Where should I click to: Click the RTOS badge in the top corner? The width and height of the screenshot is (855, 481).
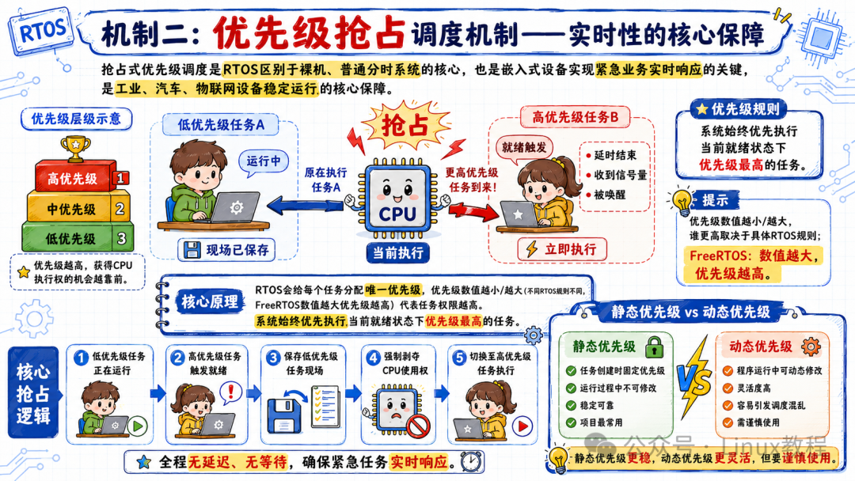(41, 31)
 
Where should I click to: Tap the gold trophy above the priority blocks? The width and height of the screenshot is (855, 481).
(75, 148)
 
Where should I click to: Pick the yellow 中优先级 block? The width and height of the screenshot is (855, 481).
(78, 207)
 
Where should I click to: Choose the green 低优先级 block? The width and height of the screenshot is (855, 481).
(78, 237)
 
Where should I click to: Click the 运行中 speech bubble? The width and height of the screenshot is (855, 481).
(264, 162)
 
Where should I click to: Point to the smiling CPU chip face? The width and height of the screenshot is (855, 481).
(397, 196)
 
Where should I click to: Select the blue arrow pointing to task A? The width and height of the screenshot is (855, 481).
(306, 206)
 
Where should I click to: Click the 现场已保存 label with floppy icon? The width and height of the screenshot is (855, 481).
(226, 250)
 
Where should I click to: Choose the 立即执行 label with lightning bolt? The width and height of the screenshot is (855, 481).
(561, 249)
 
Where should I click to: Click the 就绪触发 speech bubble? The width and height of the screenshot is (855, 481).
(523, 148)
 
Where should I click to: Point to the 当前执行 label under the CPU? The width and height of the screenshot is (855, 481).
(397, 252)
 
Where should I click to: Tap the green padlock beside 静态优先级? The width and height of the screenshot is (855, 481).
(655, 347)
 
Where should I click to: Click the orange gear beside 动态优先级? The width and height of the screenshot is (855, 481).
(811, 346)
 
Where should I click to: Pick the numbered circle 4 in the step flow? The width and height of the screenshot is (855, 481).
(374, 358)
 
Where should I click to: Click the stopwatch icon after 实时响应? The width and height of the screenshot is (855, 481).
(471, 462)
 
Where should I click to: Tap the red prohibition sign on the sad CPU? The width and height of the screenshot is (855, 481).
(418, 425)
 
